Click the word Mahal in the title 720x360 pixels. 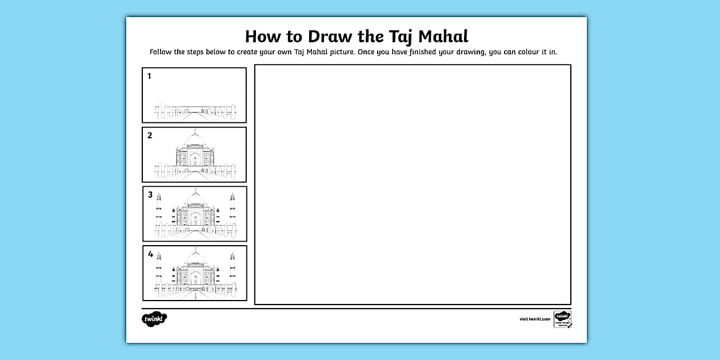(x=443, y=37)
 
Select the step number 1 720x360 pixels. (x=150, y=76)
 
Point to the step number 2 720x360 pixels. (x=150, y=135)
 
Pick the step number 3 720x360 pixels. (x=150, y=195)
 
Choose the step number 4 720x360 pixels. (x=150, y=254)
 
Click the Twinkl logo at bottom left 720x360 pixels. (x=154, y=319)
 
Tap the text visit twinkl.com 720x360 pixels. (x=535, y=319)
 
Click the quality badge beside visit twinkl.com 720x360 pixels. (x=562, y=319)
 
